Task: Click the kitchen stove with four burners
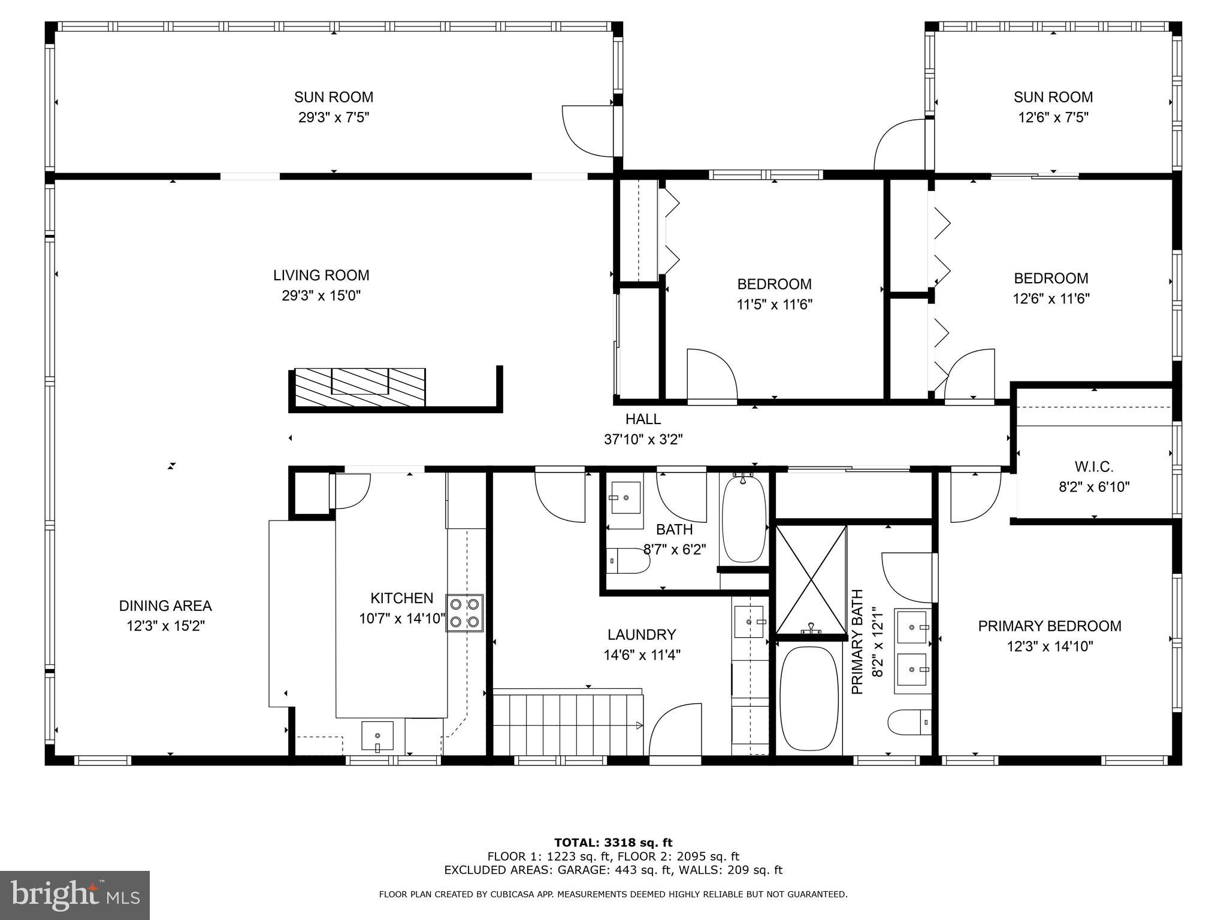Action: pos(465,613)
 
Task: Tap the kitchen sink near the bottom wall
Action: pos(377,736)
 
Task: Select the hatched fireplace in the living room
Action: pos(360,387)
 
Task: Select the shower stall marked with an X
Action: pos(811,579)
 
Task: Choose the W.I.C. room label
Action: pos(1093,467)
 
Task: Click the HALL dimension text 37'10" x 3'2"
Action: pos(643,440)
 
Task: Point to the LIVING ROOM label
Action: pos(321,276)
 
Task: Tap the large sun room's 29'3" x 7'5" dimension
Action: pos(334,117)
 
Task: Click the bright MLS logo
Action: pos(74,895)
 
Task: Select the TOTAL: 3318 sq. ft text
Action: pos(613,843)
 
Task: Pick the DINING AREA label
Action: pos(165,606)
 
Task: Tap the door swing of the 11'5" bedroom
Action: pos(711,373)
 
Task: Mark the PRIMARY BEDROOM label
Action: pos(1050,626)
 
